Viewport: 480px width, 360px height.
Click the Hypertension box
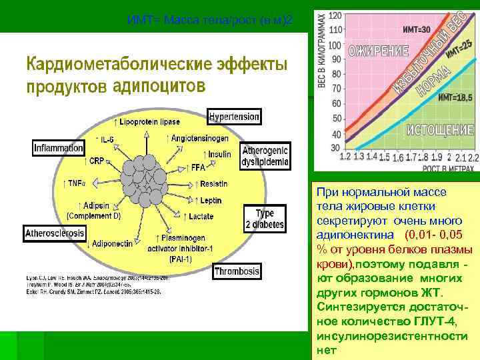(x=234, y=117)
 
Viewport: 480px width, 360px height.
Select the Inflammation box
(x=59, y=148)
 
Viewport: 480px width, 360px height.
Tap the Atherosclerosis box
(x=55, y=233)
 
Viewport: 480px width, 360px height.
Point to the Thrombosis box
(x=237, y=271)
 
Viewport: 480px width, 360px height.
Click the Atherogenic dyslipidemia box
(x=265, y=156)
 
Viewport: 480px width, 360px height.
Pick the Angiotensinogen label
(x=199, y=138)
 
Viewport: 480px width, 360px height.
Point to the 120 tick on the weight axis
(x=335, y=15)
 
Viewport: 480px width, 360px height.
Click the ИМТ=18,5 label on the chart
(x=455, y=98)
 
